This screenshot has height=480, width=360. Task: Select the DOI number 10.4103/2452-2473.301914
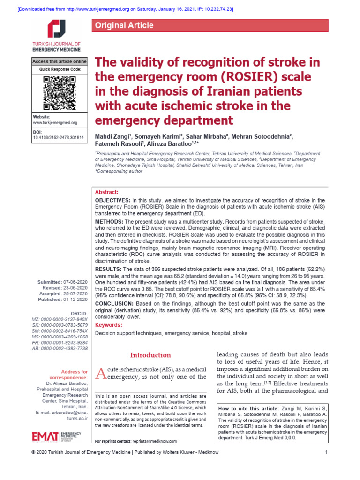point(58,138)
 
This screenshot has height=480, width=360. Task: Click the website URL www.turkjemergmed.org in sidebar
point(55,122)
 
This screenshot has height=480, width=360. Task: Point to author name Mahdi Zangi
point(112,136)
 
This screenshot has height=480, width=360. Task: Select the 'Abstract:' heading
point(107,192)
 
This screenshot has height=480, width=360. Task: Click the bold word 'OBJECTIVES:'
point(113,200)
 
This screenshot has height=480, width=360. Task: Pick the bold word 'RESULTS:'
point(109,269)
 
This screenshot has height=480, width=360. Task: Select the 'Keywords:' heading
point(109,325)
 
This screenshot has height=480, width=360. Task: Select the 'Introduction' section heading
point(150,355)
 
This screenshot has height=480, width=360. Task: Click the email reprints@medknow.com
point(155,441)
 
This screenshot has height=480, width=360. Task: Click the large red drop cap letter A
point(101,374)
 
